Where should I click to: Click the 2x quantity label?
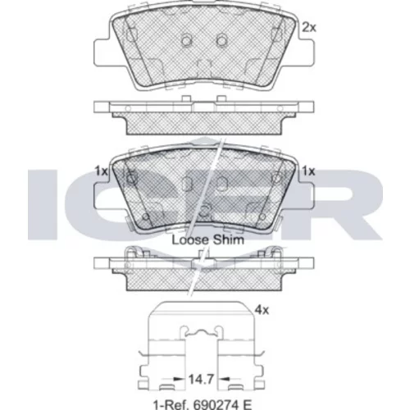(x=309, y=27)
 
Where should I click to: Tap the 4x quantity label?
(x=262, y=310)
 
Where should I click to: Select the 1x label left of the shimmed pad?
(x=101, y=171)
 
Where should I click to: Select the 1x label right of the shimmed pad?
(x=308, y=171)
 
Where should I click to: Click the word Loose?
(x=190, y=240)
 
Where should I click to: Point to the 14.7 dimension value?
(x=201, y=379)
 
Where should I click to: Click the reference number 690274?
(x=212, y=404)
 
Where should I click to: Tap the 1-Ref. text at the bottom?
(x=171, y=404)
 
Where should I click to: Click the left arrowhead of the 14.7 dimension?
(x=179, y=379)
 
